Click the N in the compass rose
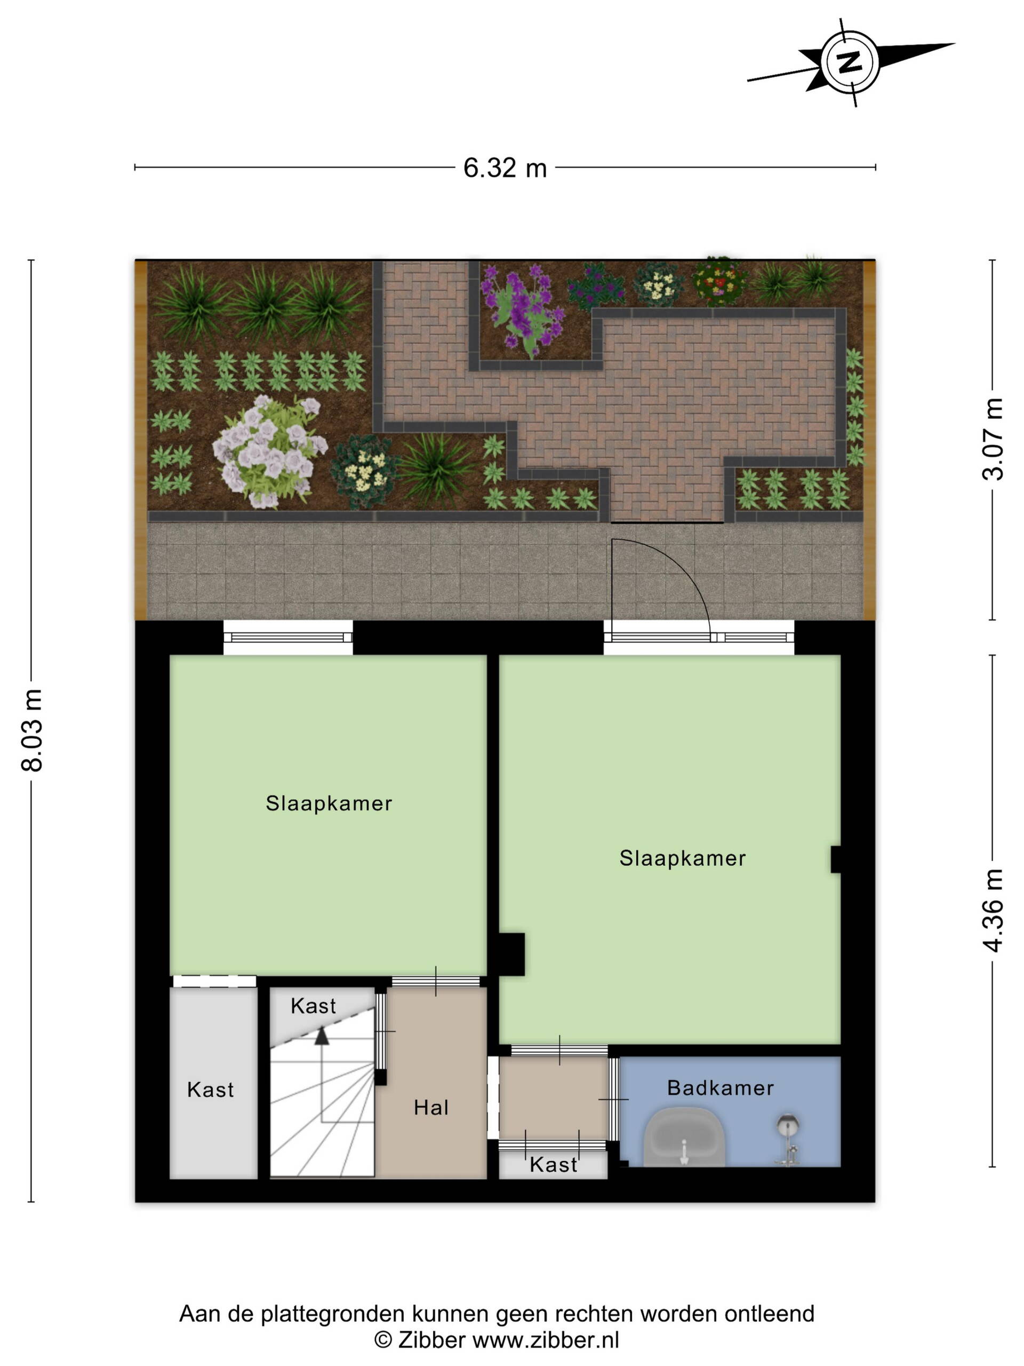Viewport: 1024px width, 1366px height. (850, 62)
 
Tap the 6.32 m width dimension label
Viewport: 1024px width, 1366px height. (505, 168)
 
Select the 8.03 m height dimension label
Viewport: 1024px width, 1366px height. (32, 730)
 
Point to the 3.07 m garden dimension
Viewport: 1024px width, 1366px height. (993, 440)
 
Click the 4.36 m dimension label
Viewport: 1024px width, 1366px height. (993, 911)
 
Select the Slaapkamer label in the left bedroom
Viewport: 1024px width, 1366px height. (329, 803)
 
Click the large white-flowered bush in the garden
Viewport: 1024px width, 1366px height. (268, 450)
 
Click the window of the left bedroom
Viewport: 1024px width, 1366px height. (287, 637)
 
